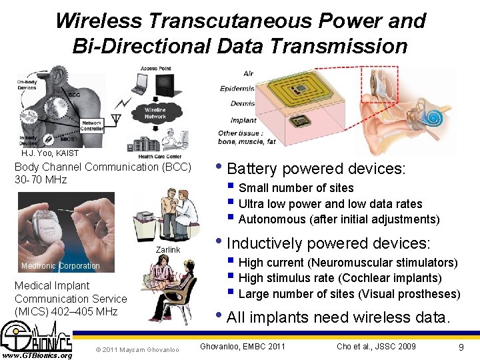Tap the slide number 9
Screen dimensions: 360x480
click(461, 347)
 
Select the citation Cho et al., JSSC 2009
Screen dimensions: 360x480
click(376, 346)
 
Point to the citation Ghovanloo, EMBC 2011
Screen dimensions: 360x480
click(243, 346)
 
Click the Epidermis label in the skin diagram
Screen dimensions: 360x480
click(238, 88)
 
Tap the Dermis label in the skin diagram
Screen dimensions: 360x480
click(243, 103)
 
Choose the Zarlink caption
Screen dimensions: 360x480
click(168, 249)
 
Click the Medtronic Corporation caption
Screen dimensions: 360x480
click(61, 266)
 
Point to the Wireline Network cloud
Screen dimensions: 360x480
click(155, 113)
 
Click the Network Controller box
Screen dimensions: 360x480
click(91, 126)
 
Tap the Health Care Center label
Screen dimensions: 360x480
click(160, 156)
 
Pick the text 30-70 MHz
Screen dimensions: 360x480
click(41, 180)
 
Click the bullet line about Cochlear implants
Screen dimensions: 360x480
click(340, 278)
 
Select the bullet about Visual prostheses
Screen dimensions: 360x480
click(349, 294)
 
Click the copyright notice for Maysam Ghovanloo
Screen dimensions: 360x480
click(137, 349)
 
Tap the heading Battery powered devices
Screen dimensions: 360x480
click(316, 169)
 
